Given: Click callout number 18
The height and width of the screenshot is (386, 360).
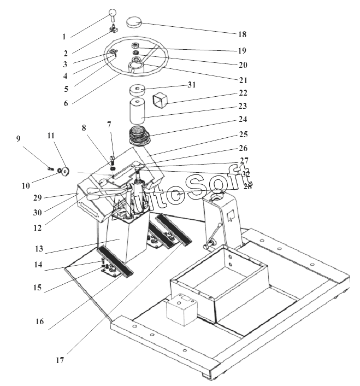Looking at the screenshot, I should (242, 34).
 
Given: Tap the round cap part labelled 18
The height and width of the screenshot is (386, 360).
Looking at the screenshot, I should (134, 21).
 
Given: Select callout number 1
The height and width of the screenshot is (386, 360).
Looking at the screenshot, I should (64, 37).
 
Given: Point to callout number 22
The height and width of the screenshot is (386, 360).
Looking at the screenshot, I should (243, 93).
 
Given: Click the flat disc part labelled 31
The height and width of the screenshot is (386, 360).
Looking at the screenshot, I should (139, 90).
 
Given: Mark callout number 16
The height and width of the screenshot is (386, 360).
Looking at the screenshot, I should (39, 322).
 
